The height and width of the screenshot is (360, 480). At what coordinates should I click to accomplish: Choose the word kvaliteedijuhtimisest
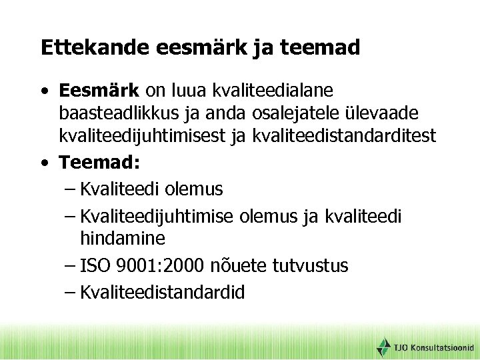tap(151, 136)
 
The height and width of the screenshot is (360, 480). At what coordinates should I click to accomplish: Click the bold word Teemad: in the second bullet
tap(97, 163)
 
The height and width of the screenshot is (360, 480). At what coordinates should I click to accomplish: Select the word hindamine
tap(123, 238)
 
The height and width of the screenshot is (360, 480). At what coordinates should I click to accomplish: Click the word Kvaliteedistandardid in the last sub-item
tap(162, 292)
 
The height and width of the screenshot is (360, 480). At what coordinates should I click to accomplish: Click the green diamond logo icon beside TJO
tap(383, 347)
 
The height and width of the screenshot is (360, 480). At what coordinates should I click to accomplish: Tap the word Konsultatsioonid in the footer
tap(443, 348)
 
